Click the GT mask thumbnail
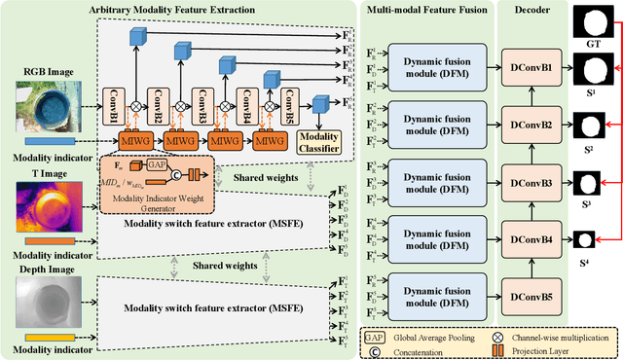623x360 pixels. pyautogui.click(x=592, y=19)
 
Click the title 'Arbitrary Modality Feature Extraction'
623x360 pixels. pyautogui.click(x=185, y=9)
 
